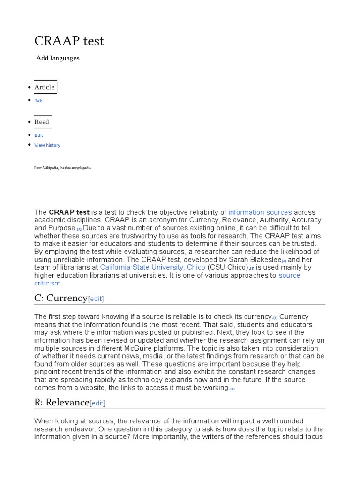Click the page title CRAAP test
[69, 41]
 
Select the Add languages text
[58, 58]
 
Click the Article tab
[45, 87]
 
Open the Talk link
[38, 101]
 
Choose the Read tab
[42, 122]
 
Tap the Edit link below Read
[38, 135]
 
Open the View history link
[47, 145]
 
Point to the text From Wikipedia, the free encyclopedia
[62, 168]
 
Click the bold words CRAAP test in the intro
[69, 212]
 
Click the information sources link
[260, 212]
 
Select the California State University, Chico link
[152, 267]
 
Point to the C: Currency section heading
[61, 298]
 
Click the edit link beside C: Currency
[96, 299]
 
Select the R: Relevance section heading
[61, 402]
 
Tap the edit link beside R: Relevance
[97, 403]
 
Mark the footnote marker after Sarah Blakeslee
[284, 260]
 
